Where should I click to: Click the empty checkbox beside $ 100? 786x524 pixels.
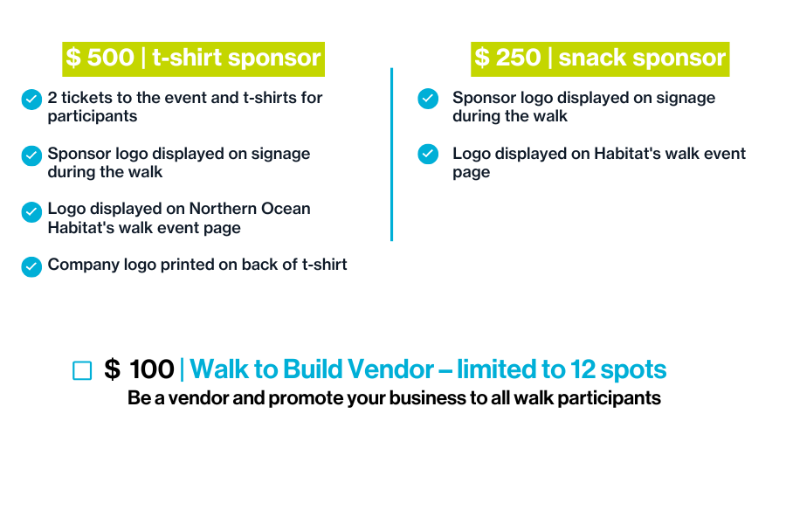(x=82, y=370)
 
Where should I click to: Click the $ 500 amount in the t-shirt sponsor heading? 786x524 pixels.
(x=100, y=57)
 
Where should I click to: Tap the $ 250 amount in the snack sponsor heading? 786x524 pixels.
(x=507, y=57)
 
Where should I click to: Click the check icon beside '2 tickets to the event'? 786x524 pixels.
(x=31, y=100)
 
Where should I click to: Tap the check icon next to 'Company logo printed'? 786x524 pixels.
(x=31, y=266)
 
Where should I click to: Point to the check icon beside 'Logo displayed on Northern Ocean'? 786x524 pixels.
(x=31, y=212)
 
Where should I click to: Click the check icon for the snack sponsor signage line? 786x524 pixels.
(x=428, y=99)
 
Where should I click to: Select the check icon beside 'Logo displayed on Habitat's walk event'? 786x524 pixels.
(x=428, y=154)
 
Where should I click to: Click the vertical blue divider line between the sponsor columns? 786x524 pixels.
(x=391, y=155)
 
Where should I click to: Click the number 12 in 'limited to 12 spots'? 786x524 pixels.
(x=583, y=369)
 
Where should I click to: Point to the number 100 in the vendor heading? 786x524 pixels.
(x=152, y=369)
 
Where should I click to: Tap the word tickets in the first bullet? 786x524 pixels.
(x=86, y=98)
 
